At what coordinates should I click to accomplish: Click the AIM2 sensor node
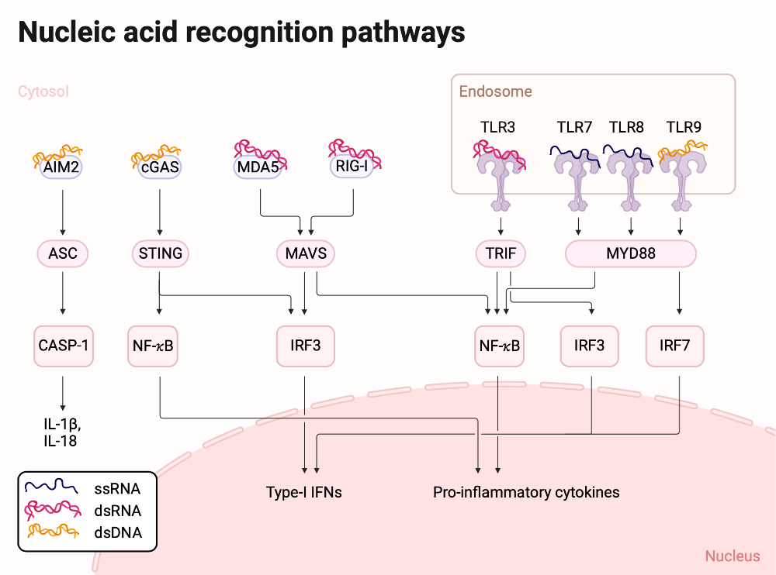coord(62,167)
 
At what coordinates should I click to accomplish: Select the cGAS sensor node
coord(159,167)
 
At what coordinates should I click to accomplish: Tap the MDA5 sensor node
coord(258,166)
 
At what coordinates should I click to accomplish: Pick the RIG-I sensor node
coord(355,165)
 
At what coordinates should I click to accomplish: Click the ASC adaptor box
coord(62,253)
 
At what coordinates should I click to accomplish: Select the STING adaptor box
coord(159,253)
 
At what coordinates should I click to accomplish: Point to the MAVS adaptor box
coord(306,253)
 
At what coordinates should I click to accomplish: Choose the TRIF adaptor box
coord(501,253)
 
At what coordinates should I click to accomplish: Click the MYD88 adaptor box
coord(630,253)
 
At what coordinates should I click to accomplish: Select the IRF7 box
coord(674,345)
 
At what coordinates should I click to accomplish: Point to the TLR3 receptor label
coord(498,126)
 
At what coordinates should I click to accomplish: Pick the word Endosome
coord(496,91)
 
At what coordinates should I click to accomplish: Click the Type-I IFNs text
coord(303,492)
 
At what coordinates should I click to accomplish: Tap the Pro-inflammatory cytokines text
coord(526,492)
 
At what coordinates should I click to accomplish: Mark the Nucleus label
coord(733,556)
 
